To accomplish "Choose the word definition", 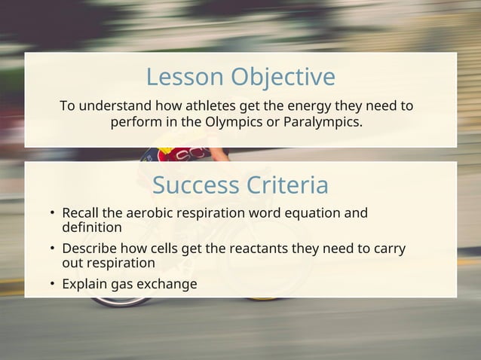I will pos(92,227).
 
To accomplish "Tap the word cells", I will pos(169,249).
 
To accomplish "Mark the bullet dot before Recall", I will pos(53,214).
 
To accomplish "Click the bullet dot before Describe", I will pos(53,249).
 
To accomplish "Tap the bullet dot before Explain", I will pos(53,285).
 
